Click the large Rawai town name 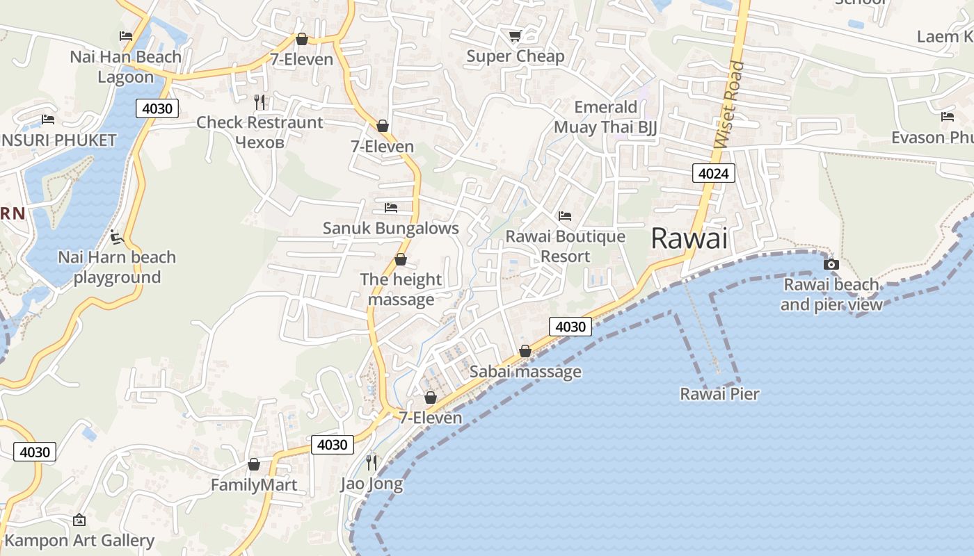point(689,239)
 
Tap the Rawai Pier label point(719,394)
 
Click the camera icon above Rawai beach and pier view point(831,264)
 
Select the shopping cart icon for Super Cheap point(515,35)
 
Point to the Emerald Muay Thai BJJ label point(605,117)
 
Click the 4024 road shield point(714,173)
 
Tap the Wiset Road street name point(728,104)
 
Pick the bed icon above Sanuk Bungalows point(391,207)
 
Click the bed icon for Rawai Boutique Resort point(565,216)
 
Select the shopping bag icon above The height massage point(401,259)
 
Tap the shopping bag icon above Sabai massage point(525,351)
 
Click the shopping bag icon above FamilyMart point(254,464)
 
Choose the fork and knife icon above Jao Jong point(372,462)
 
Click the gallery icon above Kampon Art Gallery point(79,519)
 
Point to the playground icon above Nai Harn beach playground point(117,237)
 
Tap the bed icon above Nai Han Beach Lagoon point(126,36)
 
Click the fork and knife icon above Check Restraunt point(260,102)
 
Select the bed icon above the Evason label point(948,117)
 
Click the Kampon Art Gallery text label point(79,540)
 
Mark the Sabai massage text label point(525,371)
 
